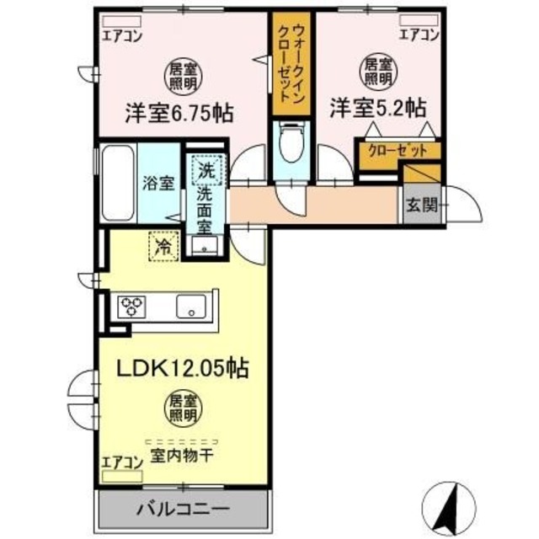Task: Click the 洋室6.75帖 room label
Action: [x=179, y=112]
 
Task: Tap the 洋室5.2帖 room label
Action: [x=376, y=109]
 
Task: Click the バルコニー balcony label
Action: [x=183, y=509]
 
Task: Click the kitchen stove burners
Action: [x=133, y=305]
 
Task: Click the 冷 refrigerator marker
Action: [x=163, y=247]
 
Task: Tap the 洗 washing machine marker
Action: [x=206, y=169]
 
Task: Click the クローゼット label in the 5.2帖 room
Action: [x=388, y=151]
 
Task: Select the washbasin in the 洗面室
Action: [x=203, y=246]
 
